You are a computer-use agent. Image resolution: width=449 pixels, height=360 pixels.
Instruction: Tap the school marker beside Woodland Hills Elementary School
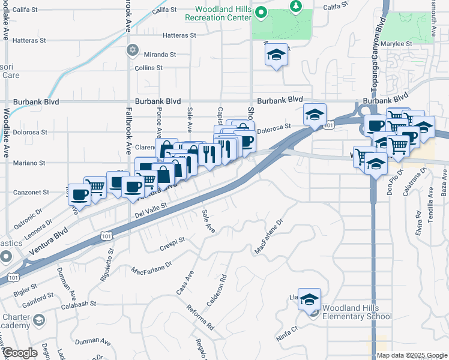(309, 299)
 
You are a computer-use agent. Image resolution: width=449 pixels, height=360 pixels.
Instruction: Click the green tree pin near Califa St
(295, 6)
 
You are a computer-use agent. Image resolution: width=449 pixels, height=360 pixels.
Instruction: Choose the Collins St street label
(149, 68)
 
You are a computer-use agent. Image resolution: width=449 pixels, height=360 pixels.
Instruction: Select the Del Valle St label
(150, 211)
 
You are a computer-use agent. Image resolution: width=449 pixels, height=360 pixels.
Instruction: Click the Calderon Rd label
(222, 287)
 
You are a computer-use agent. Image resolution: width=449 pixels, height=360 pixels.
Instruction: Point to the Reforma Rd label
(200, 317)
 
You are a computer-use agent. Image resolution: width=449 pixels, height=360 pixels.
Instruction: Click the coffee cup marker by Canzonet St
(79, 194)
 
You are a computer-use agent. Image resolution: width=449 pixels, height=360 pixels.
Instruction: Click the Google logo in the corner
(20, 353)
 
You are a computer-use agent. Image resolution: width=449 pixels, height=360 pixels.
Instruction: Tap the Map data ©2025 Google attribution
(412, 355)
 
